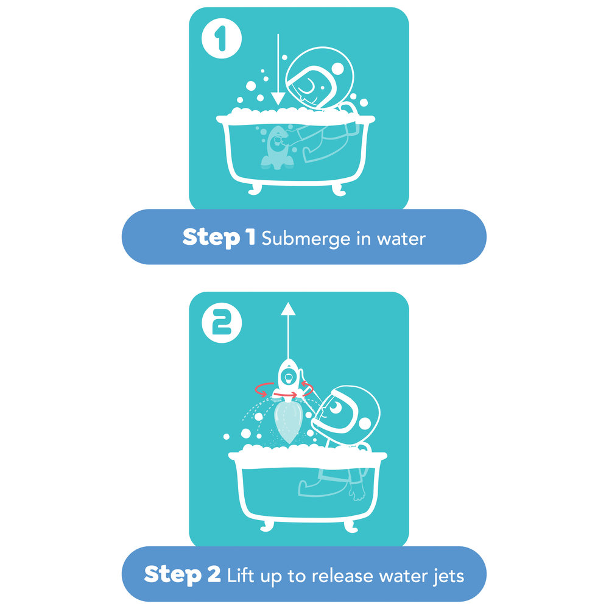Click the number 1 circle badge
coord(222,38)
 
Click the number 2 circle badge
coord(222,323)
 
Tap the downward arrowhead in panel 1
coord(278,99)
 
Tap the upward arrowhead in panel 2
coord(288,309)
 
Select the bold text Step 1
coord(219,237)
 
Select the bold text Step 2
coord(182,574)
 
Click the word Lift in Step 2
coord(241,576)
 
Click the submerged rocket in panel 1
coord(276,147)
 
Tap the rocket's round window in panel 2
coord(289,377)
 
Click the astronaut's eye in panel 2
coord(335,407)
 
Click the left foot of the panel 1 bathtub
coord(255,189)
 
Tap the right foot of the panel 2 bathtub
coord(351,527)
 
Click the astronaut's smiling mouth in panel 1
coord(306,88)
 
